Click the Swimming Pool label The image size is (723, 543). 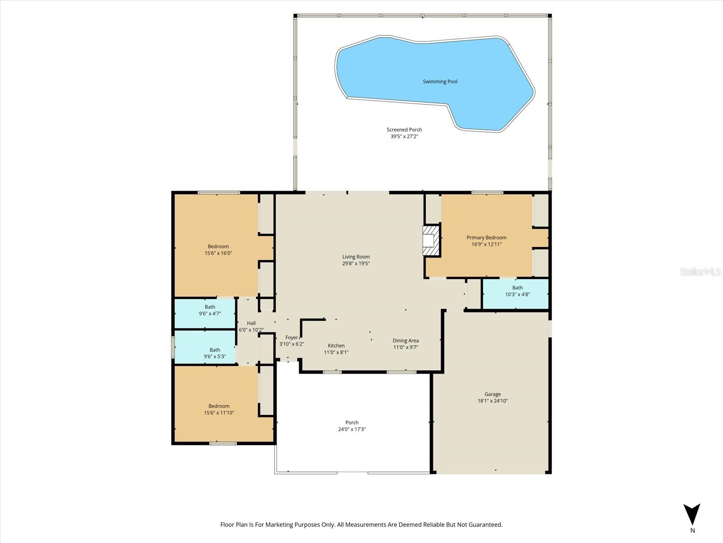tap(440, 82)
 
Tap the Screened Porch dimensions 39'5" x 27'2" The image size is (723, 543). tap(404, 136)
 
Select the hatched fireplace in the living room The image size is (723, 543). tap(431, 240)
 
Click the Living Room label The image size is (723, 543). tap(356, 257)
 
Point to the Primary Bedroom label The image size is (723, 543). tap(486, 238)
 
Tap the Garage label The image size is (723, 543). tap(492, 394)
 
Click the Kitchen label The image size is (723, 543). tap(336, 346)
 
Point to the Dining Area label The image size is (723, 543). tap(405, 341)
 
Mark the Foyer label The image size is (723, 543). tap(291, 338)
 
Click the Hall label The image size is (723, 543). tap(251, 323)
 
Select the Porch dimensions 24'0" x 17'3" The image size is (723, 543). tap(352, 429)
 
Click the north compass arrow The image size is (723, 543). tap(691, 514)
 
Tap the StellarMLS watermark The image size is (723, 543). tap(700, 272)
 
